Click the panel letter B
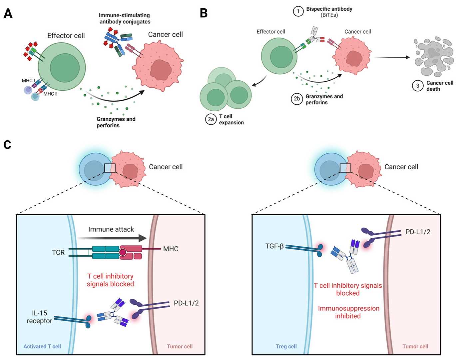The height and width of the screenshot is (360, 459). coord(204,13)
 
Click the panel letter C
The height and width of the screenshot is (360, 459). coord(7,145)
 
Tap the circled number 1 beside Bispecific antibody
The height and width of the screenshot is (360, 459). coord(298,12)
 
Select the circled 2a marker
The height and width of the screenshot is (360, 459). coord(211,119)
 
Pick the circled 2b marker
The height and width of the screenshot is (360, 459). coord(297,99)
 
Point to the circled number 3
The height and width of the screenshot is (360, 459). coord(418,86)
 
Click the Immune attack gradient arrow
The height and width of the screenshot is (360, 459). coord(112,238)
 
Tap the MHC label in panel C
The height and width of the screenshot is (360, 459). coord(171,249)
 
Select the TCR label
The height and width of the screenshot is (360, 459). coord(58,253)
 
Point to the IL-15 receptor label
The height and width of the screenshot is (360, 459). coord(39,317)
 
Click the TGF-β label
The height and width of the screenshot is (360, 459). coord(274,246)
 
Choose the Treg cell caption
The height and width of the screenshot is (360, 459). coord(286,346)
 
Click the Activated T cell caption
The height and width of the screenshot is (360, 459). coord(42,346)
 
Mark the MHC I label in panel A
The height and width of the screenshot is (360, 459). coord(28,81)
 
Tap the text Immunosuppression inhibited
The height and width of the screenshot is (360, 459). coord(348,312)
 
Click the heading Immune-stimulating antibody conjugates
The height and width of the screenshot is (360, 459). coord(125,19)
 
